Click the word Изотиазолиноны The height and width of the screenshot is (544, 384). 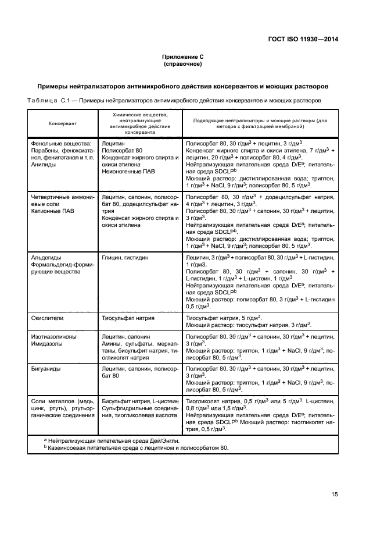(x=53, y=337)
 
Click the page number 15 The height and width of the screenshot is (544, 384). (x=334, y=495)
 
